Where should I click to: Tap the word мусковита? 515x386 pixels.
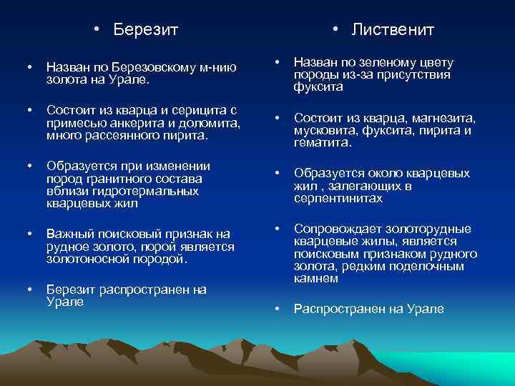(325, 130)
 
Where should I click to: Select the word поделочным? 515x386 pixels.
(431, 266)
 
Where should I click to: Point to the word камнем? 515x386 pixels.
(316, 278)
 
